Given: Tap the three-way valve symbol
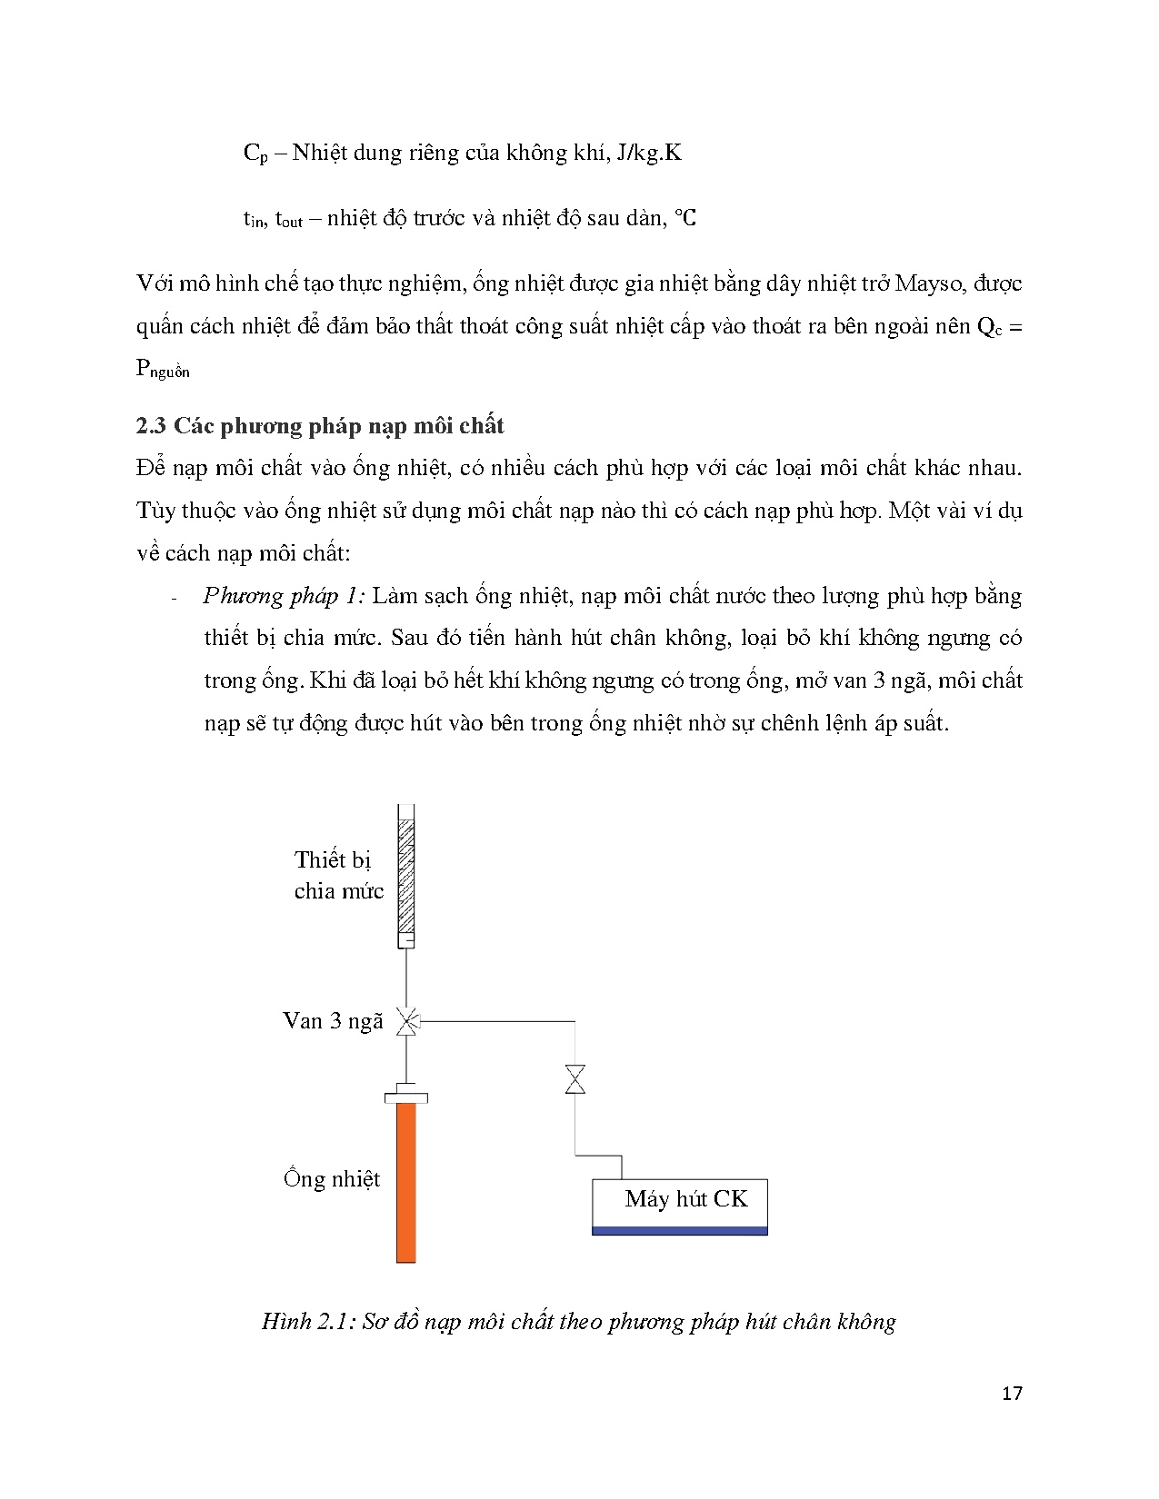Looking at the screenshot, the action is coord(407,1021).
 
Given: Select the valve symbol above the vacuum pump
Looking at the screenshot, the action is coord(575,1079).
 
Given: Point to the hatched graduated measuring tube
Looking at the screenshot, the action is coord(406,876).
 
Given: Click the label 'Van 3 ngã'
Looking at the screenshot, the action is coord(333,1021).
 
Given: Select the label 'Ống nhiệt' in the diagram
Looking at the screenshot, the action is coord(332,1177).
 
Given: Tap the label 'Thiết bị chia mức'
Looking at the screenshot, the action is coord(338,876).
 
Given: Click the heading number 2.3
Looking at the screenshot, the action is coord(151,425).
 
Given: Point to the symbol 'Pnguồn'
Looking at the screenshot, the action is coord(163,369).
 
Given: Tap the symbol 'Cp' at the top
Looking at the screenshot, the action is coord(255,154).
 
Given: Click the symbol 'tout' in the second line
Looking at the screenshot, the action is coord(289,219).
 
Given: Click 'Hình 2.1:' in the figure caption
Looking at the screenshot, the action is coord(308,1322).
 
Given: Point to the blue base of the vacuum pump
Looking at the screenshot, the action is coord(680,1231).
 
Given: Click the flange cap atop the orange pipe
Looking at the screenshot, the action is coord(406,1096).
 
